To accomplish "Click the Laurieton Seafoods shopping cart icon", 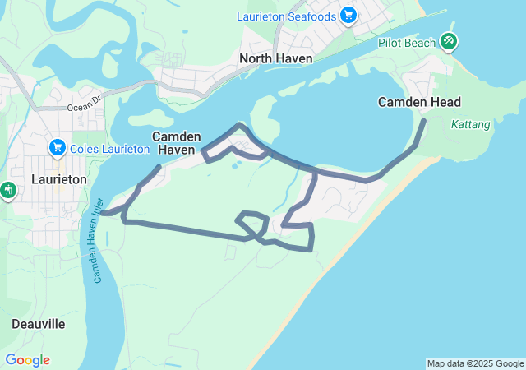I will [x=348, y=16].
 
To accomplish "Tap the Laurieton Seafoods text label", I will [x=286, y=16].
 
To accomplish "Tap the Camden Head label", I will [x=419, y=102].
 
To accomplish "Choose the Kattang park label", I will [x=471, y=125].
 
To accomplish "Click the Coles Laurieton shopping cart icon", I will [x=57, y=148].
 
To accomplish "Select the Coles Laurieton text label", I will [x=109, y=149].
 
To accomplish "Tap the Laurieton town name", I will [x=58, y=178].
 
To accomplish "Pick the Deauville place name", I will [x=39, y=324].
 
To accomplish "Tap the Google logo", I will [x=27, y=360].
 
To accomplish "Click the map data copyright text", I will [x=475, y=363].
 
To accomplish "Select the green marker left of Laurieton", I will [x=8, y=191].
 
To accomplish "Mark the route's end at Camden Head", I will [x=424, y=122].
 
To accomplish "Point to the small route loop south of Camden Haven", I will [x=251, y=223].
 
